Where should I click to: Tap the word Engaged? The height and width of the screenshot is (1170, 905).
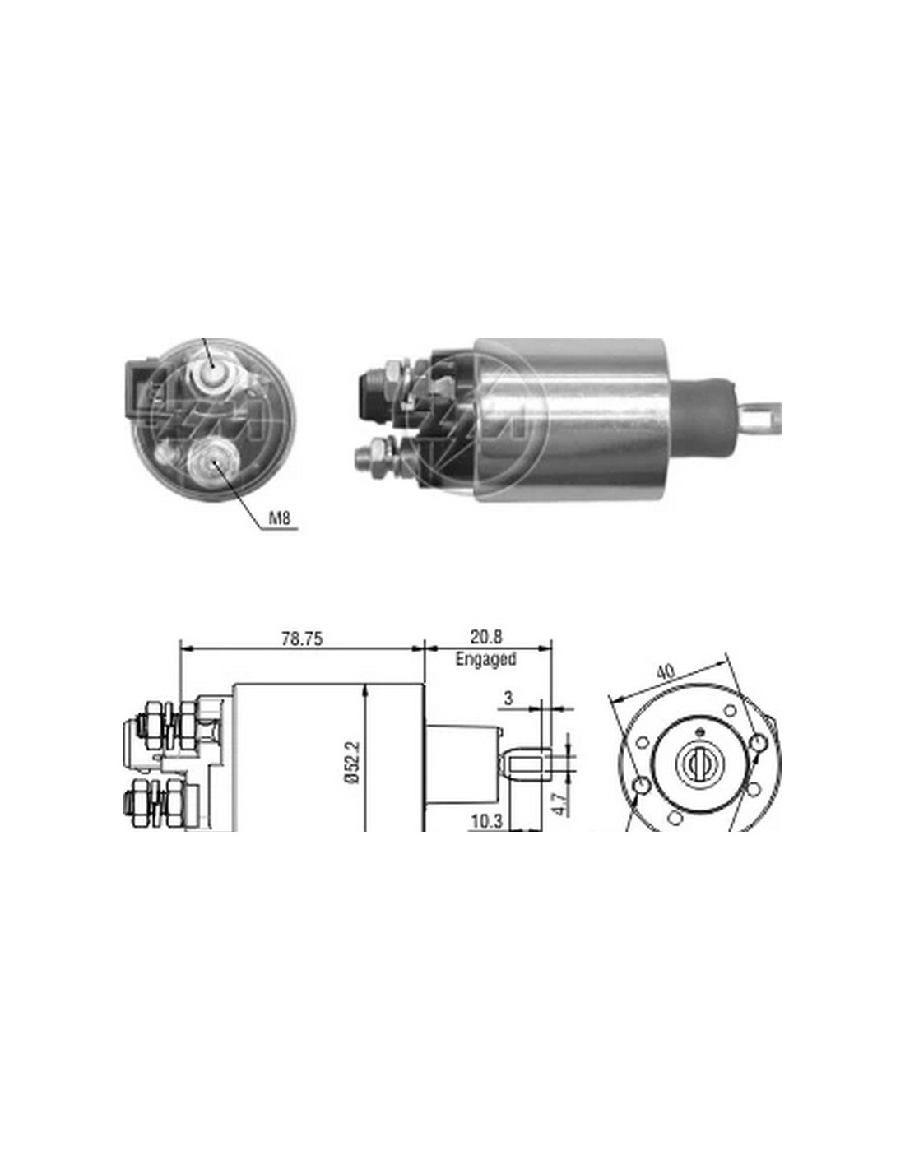coord(485,659)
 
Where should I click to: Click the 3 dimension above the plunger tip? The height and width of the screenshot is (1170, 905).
coord(508,699)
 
